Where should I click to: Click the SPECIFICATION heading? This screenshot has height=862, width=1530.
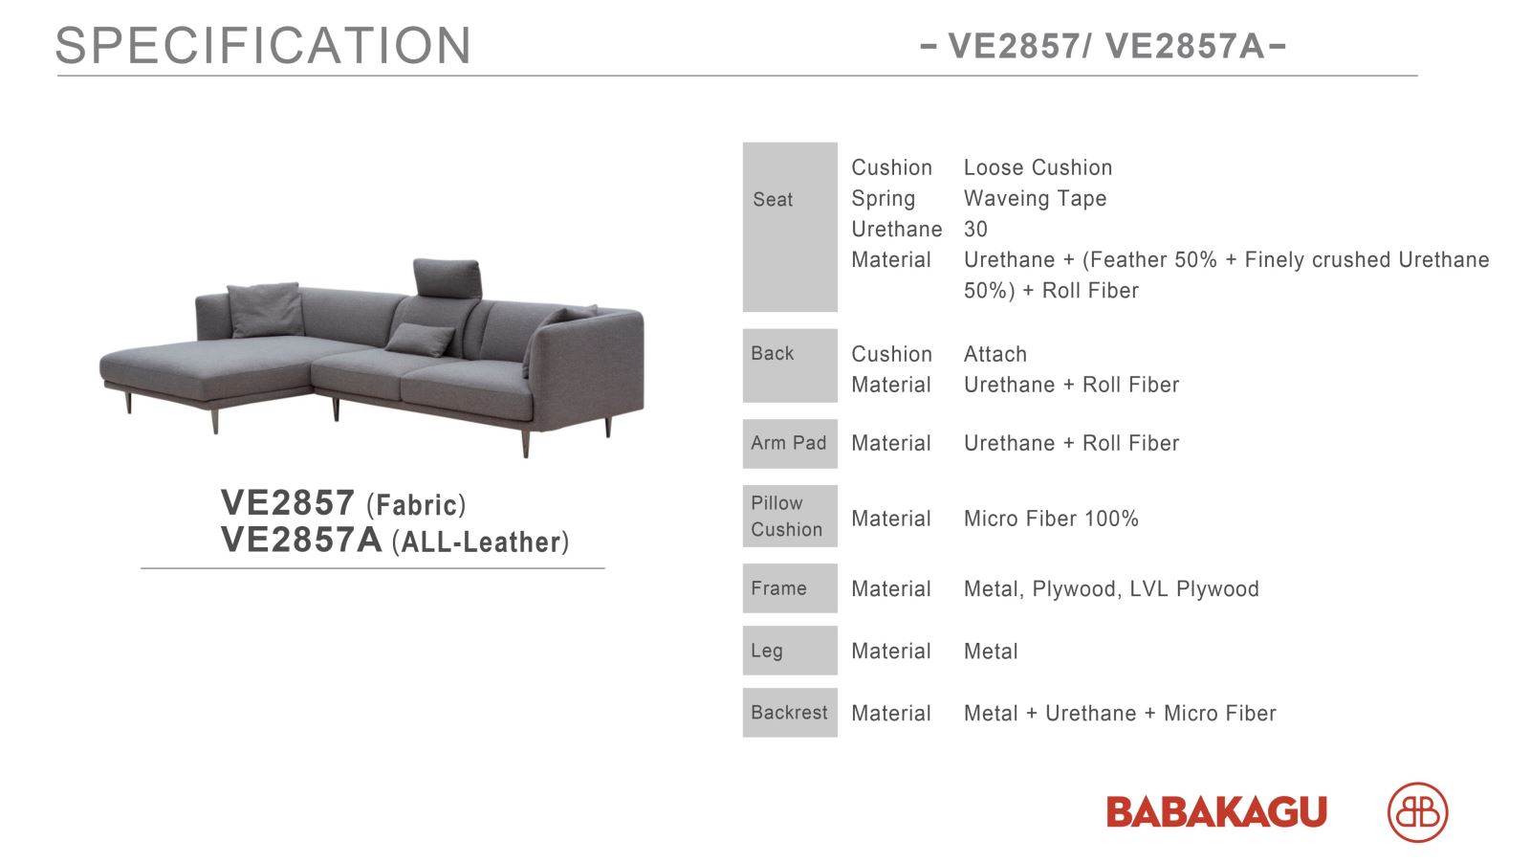pos(263,46)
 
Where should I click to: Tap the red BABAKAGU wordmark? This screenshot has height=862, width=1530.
pos(1216,812)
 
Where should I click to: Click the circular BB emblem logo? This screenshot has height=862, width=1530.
pos(1418,812)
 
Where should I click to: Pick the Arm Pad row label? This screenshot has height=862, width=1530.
pos(790,443)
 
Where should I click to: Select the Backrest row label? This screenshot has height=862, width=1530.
pos(790,713)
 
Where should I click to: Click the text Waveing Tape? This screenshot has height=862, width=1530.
pos(1035,198)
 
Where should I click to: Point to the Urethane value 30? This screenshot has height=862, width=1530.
pos(975,229)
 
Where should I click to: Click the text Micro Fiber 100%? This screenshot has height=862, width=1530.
pos(1051,519)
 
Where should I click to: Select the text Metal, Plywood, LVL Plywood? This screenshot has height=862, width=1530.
pos(1111,588)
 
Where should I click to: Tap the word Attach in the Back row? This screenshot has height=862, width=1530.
pos(995,354)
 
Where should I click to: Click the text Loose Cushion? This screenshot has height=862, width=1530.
pos(1038,167)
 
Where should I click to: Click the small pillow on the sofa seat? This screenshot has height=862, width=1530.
pos(420,340)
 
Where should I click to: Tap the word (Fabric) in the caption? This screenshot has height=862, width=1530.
pos(416,505)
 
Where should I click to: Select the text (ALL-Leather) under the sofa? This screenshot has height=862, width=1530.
pos(480,542)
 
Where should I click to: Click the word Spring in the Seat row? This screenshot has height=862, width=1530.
pos(884,198)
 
